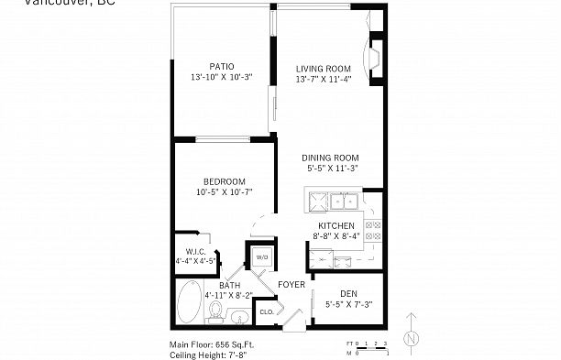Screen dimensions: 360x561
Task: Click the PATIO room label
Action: tap(221, 66)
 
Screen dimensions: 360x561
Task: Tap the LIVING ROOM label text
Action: tap(324, 68)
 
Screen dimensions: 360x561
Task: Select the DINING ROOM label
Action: tap(330, 157)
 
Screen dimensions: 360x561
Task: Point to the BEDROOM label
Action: tap(224, 180)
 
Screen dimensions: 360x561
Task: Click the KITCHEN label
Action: tap(335, 225)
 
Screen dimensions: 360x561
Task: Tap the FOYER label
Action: tap(291, 285)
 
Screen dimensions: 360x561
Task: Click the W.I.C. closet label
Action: tap(195, 250)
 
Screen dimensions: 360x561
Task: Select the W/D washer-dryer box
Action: tap(260, 257)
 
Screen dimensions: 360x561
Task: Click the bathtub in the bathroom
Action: tap(191, 304)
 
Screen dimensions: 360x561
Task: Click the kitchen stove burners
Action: tap(373, 231)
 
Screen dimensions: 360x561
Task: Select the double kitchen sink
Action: tap(343, 201)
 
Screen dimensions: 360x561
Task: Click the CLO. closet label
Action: tap(267, 312)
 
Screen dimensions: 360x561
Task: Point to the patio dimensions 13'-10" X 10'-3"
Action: tap(221, 78)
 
